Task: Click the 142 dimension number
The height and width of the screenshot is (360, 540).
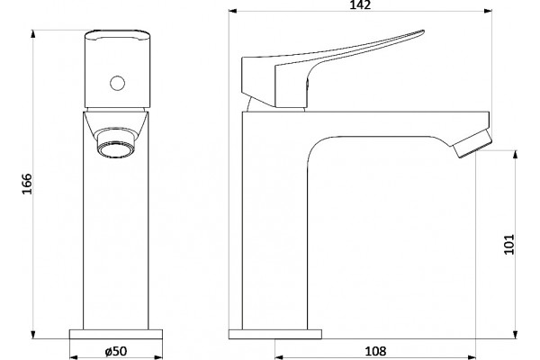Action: click(x=361, y=4)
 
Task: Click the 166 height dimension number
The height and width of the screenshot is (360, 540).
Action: click(x=27, y=184)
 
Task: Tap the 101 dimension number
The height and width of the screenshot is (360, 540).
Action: click(x=509, y=245)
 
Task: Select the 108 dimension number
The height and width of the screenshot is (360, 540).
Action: click(x=375, y=351)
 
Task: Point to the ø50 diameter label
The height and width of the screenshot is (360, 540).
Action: click(x=116, y=351)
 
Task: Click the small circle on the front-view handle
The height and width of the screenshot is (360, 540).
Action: click(x=117, y=83)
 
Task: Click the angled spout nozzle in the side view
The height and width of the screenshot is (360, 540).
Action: click(x=472, y=143)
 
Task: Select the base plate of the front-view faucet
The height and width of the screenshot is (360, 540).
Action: click(x=116, y=334)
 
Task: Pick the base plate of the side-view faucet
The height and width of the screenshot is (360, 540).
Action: click(x=275, y=334)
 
